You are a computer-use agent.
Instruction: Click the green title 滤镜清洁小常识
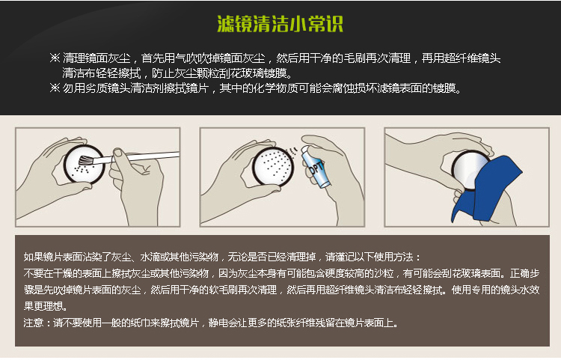pyautogui.click(x=280, y=24)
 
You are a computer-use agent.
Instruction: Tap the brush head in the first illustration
pyautogui.click(x=86, y=160)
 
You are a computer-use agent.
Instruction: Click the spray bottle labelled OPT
pyautogui.click(x=315, y=166)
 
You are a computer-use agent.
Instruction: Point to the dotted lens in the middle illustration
pyautogui.click(x=274, y=165)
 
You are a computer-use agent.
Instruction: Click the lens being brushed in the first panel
pyautogui.click(x=84, y=165)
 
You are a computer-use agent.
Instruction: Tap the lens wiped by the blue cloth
pyautogui.click(x=470, y=169)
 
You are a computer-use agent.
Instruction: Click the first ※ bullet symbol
pyautogui.click(x=55, y=58)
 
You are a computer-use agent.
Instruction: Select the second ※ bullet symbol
pyautogui.click(x=55, y=88)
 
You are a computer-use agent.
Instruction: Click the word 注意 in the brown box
pyautogui.click(x=33, y=323)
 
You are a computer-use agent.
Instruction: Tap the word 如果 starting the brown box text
pyautogui.click(x=33, y=257)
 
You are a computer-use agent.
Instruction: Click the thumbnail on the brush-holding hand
pyautogui.click(x=117, y=153)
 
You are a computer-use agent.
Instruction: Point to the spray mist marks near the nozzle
pyautogui.click(x=293, y=151)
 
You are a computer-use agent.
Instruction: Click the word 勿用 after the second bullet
pyautogui.click(x=74, y=88)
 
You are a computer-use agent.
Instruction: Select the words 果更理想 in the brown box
pyautogui.click(x=43, y=306)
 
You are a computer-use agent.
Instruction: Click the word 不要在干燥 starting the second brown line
pyautogui.click(x=48, y=273)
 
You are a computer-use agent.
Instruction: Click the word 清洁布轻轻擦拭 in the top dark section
pyautogui.click(x=101, y=73)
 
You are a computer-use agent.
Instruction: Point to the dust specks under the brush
pyautogui.click(x=82, y=170)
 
